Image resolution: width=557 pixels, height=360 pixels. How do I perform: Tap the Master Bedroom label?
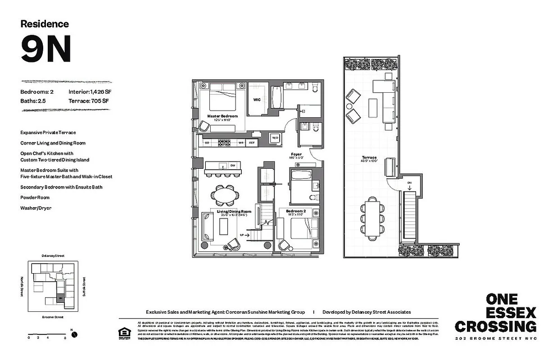pyautogui.click(x=222, y=116)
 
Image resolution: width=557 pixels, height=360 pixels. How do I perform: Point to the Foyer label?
pyautogui.click(x=296, y=155)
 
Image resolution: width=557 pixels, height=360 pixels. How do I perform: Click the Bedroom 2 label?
pyautogui.click(x=296, y=211)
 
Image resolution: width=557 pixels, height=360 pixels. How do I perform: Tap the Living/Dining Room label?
pyautogui.click(x=234, y=211)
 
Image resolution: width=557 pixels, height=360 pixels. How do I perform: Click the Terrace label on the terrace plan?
pyautogui.click(x=370, y=157)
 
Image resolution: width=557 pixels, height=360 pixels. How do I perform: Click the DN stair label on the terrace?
pyautogui.click(x=409, y=182)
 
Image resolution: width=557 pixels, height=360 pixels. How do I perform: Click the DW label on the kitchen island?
pyautogui.click(x=232, y=165)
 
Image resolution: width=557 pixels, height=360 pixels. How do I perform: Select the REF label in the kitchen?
pyautogui.click(x=252, y=143)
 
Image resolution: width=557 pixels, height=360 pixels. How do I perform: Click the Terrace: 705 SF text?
pyautogui.click(x=89, y=101)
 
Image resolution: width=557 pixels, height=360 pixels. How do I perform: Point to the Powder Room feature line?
pyautogui.click(x=35, y=198)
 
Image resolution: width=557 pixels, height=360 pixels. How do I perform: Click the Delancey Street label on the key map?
pyautogui.click(x=53, y=256)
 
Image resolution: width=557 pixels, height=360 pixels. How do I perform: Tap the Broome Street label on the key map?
pyautogui.click(x=53, y=317)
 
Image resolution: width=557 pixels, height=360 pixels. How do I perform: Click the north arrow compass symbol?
pyautogui.click(x=74, y=334)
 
